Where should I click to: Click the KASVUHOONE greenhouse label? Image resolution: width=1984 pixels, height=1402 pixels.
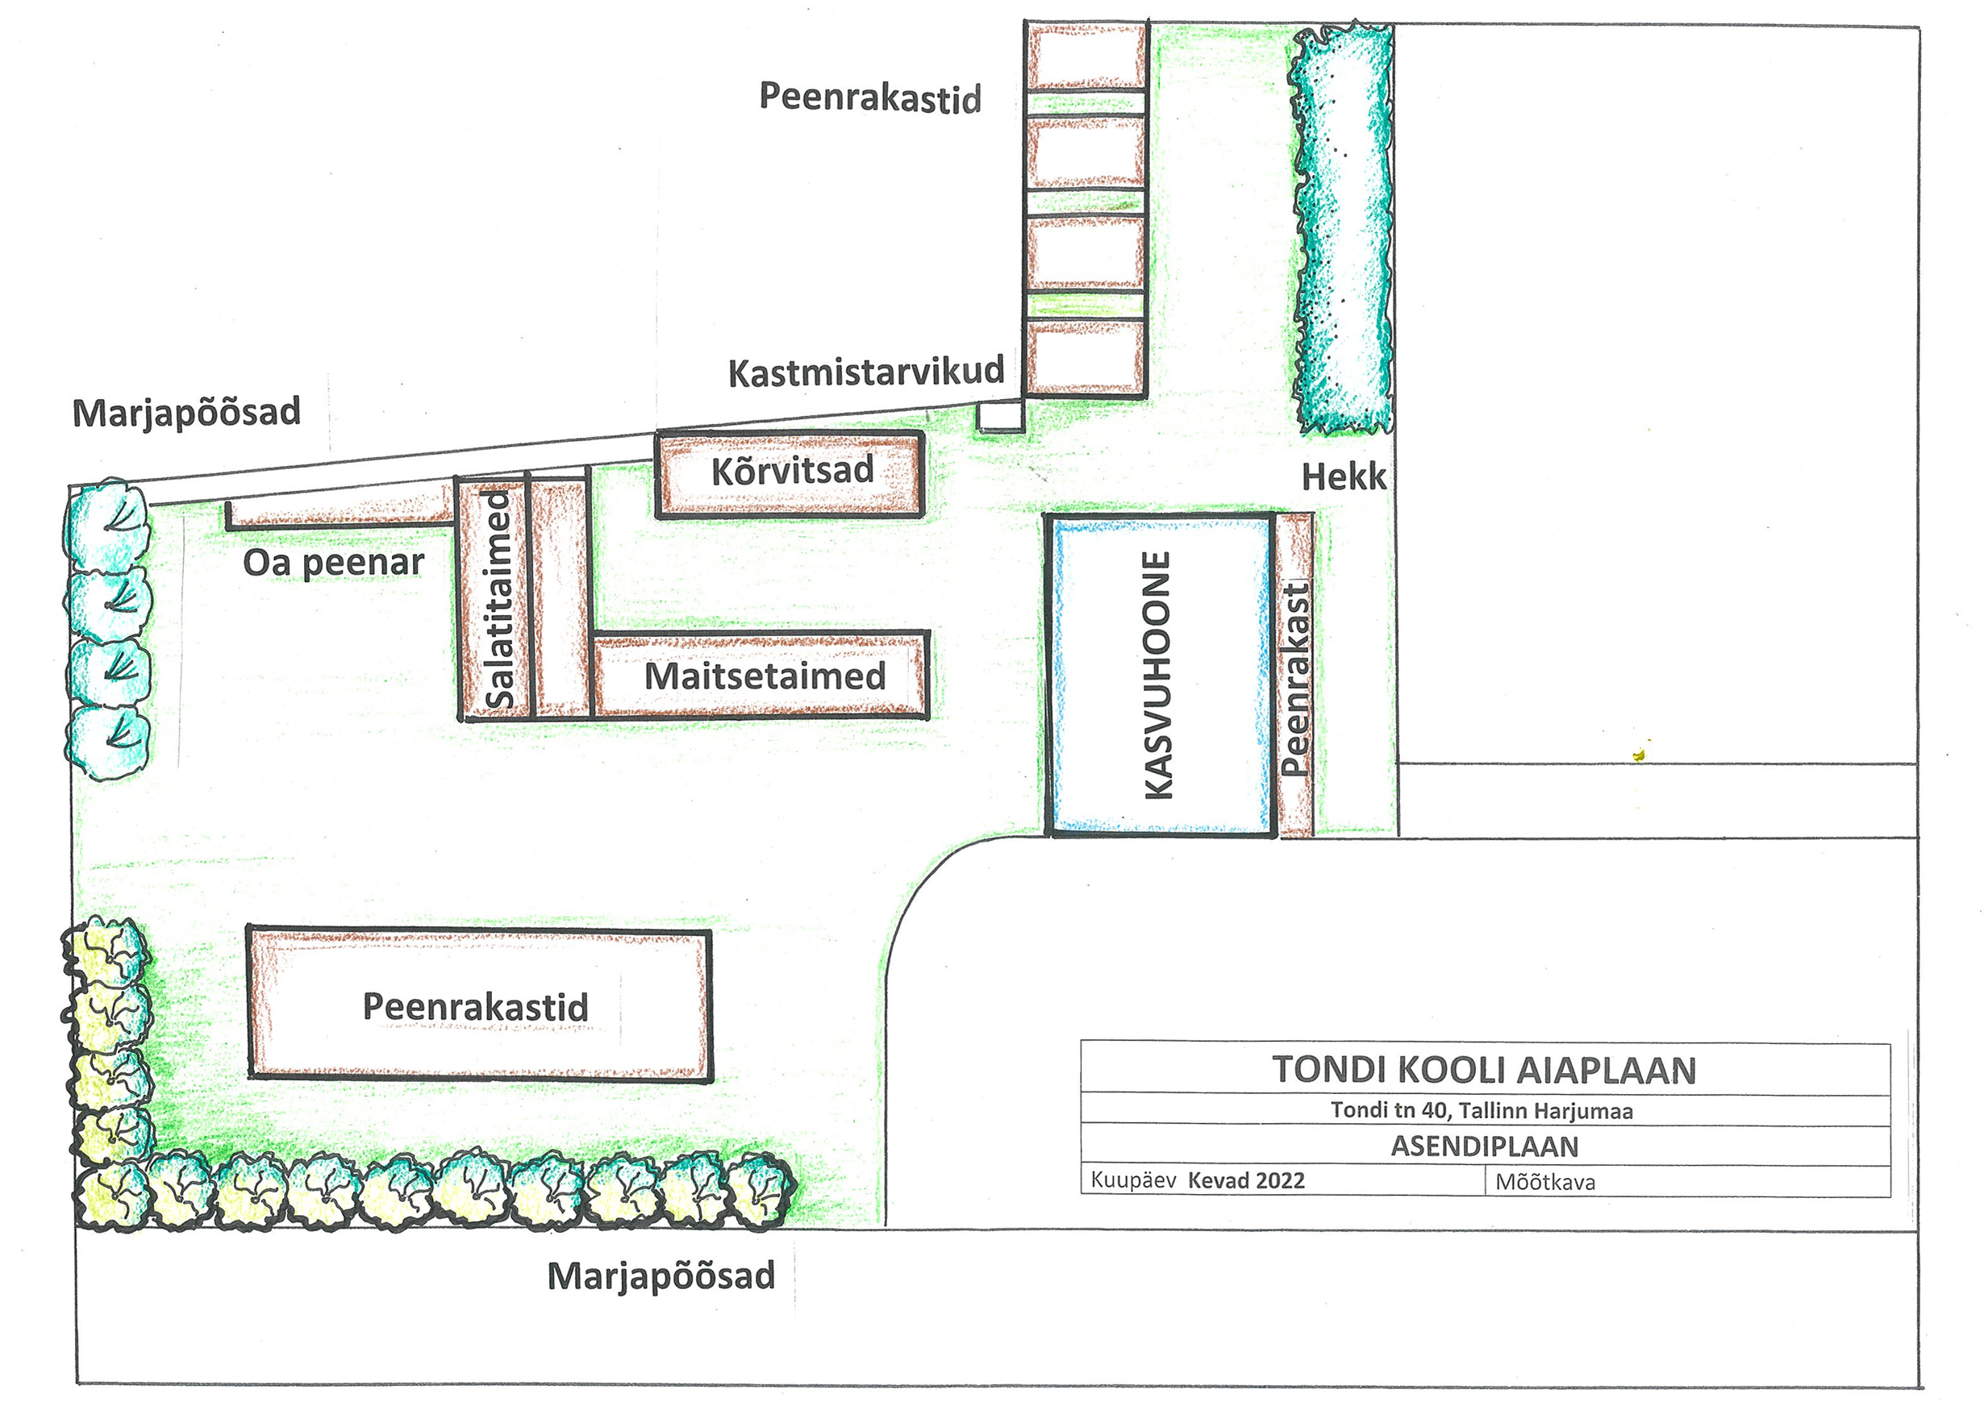[1157, 675]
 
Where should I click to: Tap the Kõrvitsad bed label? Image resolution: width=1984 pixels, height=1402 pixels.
[792, 472]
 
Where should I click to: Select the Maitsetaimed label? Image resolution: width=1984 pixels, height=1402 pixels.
[765, 676]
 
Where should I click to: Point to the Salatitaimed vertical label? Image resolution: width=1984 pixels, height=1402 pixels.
[499, 600]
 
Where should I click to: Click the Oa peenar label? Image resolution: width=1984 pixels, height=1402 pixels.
[334, 564]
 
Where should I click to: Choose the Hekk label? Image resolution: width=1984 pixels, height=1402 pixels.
[1343, 476]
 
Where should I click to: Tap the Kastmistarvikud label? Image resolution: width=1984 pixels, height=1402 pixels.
[866, 372]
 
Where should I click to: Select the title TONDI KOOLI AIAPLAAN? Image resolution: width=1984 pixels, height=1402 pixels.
[1484, 1069]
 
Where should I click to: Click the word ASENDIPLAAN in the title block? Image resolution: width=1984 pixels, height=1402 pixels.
[1484, 1146]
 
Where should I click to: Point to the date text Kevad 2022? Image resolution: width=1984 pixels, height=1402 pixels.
[1246, 1181]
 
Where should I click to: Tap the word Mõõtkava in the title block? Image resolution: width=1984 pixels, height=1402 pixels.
[1545, 1182]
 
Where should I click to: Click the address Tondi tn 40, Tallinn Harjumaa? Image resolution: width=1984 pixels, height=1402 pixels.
[1481, 1110]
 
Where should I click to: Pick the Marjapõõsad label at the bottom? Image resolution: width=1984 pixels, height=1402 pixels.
[661, 1276]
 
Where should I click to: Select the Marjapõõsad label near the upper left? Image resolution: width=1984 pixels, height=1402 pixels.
[186, 412]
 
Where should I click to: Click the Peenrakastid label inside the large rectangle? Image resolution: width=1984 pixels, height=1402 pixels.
[475, 1006]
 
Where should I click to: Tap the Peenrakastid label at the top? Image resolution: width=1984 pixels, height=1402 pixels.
[870, 97]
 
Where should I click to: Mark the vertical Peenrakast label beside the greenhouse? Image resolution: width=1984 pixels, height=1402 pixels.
[1295, 679]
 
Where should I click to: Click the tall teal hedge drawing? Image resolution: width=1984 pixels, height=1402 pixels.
[1342, 229]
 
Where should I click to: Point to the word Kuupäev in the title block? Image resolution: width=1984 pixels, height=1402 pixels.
[1133, 1180]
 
